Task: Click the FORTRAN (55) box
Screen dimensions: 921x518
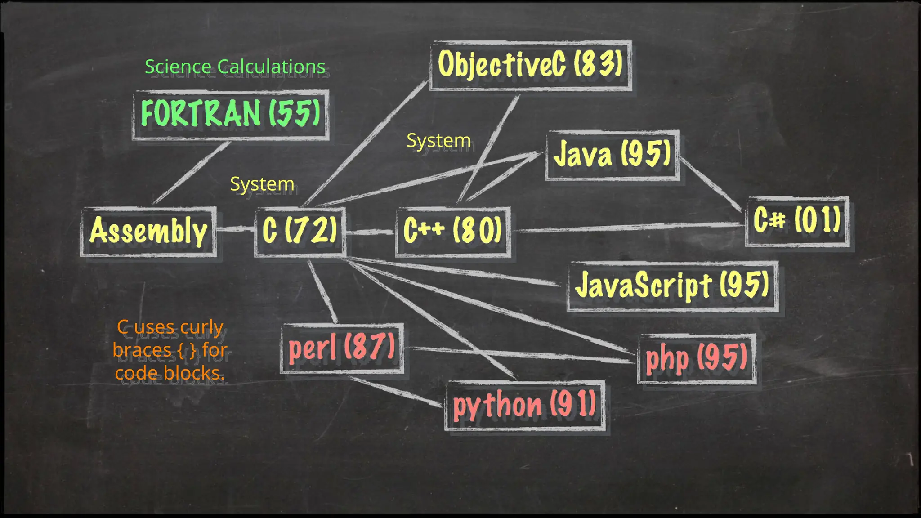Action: pos(230,115)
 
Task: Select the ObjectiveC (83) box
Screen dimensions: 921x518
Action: pos(530,65)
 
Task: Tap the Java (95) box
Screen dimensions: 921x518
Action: pos(612,155)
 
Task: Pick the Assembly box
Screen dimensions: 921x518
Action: pos(148,232)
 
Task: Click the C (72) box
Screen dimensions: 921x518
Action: pos(300,232)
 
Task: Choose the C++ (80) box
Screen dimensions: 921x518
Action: pos(453,232)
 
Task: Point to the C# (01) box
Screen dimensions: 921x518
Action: pos(797,221)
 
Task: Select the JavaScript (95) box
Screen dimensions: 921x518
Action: pos(672,286)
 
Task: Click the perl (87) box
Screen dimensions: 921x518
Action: pos(342,348)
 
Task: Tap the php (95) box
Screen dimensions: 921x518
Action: pos(697,359)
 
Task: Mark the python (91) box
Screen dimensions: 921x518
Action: pos(525,406)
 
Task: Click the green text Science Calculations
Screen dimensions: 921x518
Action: pos(235,67)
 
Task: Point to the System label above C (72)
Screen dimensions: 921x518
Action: pos(262,184)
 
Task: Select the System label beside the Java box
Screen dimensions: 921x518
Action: pos(438,141)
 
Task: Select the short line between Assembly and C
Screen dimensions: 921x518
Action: pos(236,229)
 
